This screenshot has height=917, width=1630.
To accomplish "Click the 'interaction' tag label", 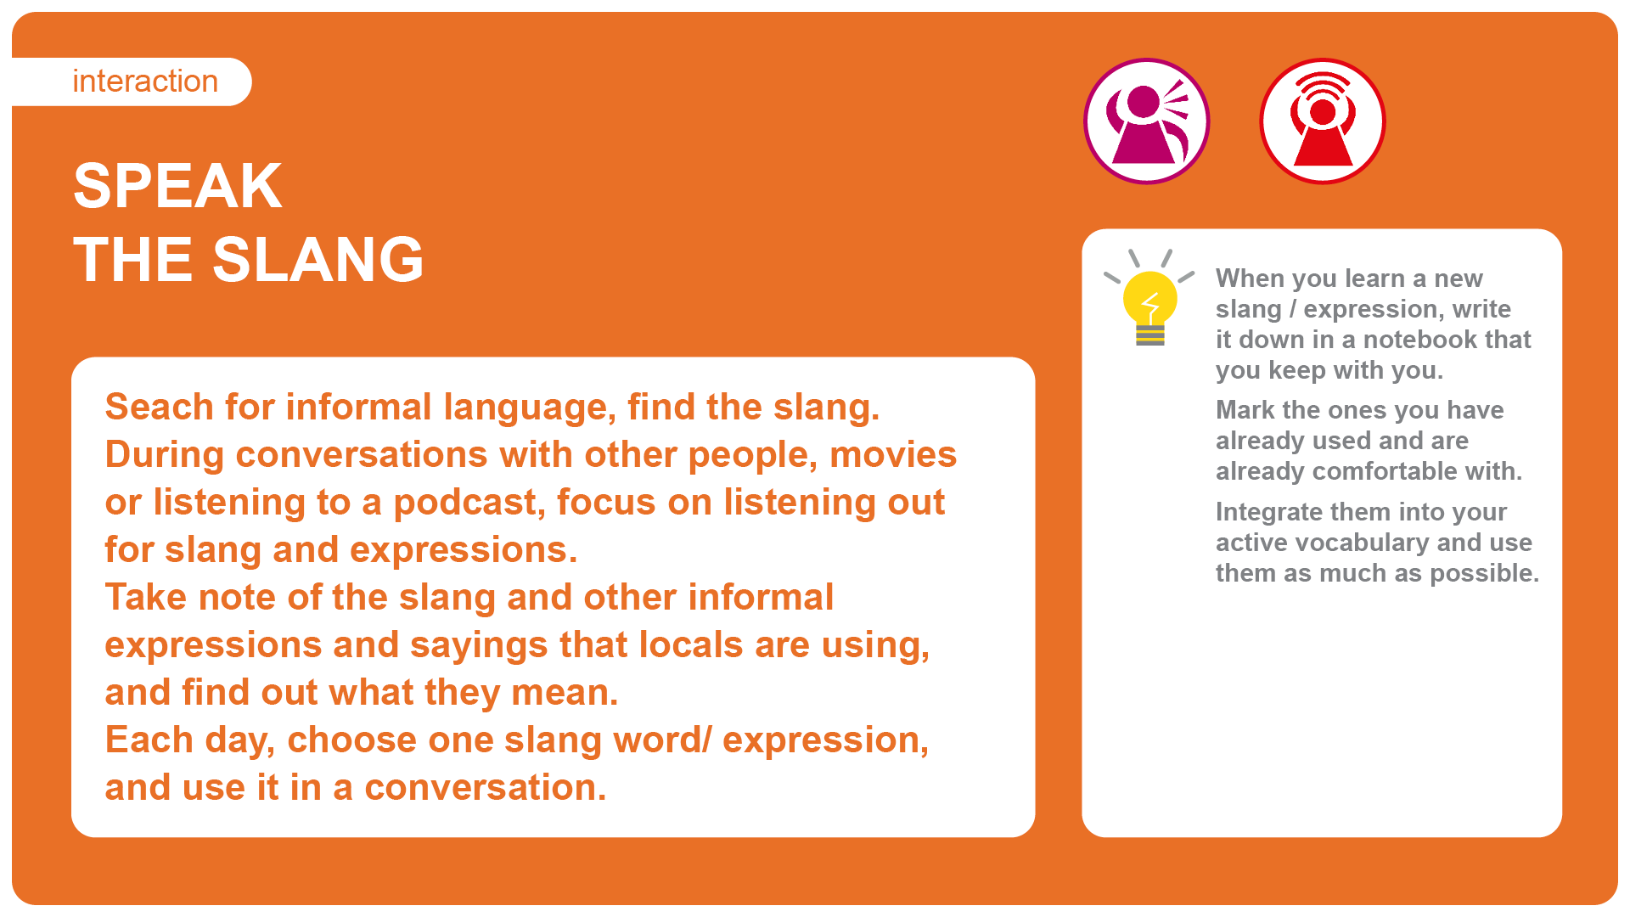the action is (145, 82).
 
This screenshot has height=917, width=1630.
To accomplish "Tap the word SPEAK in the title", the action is (177, 186).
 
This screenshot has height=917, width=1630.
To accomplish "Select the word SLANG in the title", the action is (318, 260).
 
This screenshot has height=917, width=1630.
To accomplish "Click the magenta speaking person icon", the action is (1147, 121).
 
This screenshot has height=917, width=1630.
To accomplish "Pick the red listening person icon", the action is (1323, 121).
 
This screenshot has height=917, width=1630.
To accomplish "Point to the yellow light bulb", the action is (1149, 298).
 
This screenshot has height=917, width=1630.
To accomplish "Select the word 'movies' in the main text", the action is (893, 455).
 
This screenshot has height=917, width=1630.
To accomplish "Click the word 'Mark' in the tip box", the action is (1245, 410).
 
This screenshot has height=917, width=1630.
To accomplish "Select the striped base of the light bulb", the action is (1150, 335).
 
